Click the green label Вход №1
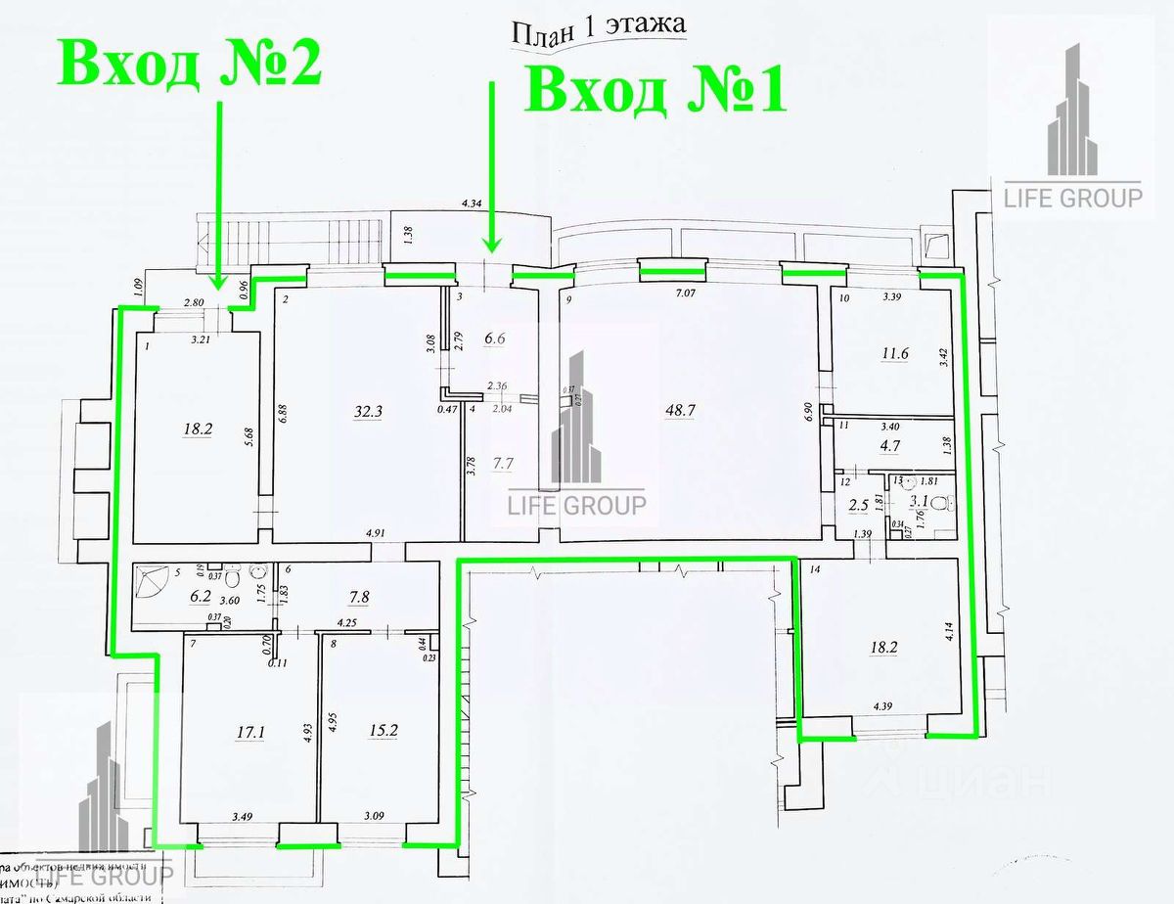656,92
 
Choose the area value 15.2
369,729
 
